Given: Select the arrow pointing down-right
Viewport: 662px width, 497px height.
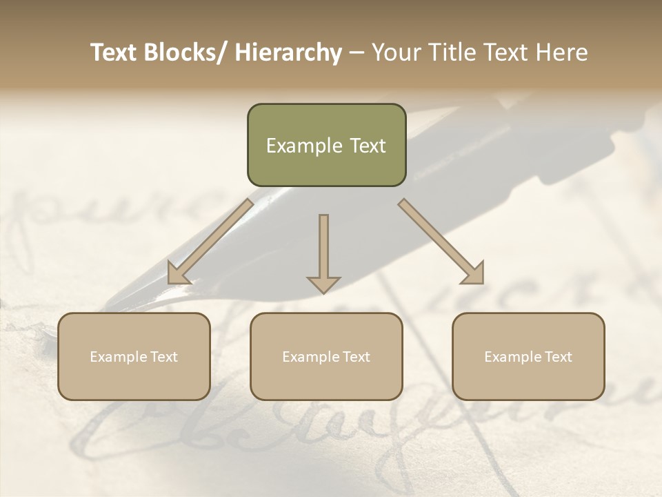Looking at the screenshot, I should pos(441,241).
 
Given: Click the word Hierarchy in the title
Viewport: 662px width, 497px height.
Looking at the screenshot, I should pos(288,53).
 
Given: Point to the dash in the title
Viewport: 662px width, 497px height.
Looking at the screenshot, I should pos(357,53).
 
